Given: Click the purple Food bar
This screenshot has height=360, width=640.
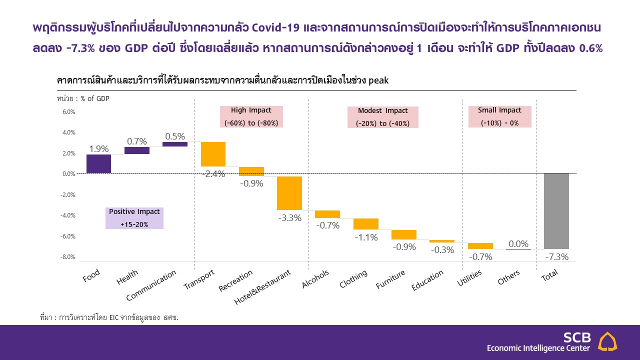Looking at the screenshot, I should (x=98, y=163).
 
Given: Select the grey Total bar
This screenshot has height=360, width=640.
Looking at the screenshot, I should (x=556, y=211).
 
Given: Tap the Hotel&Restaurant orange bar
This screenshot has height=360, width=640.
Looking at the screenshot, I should (x=289, y=193).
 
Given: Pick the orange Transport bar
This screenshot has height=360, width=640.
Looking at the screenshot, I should (x=213, y=154).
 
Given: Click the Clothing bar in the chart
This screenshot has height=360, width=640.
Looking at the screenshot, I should (x=365, y=223).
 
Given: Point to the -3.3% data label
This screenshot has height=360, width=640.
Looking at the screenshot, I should (x=289, y=218).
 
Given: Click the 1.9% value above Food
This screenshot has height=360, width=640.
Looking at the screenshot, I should (x=98, y=148).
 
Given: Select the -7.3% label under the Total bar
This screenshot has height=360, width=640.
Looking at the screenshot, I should (x=556, y=257).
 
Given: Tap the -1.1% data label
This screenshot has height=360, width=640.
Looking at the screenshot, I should (x=365, y=237).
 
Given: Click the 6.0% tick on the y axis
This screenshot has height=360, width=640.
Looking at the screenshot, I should (x=69, y=112).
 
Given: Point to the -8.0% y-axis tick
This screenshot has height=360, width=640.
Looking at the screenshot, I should (x=69, y=257).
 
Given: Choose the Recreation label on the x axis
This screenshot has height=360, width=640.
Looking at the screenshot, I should (x=236, y=280).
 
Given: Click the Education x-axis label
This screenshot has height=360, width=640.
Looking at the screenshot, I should (x=427, y=280).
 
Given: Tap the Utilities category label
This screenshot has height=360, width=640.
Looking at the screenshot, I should (x=469, y=278).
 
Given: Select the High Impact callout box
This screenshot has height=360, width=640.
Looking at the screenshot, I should (x=251, y=116).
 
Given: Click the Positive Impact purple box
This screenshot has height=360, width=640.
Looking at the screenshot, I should (x=134, y=218).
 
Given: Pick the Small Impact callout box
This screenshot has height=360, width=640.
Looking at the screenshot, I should (x=499, y=116).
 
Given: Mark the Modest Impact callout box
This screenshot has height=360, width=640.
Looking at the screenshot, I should (x=382, y=117).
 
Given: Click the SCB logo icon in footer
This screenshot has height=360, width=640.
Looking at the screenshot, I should (x=607, y=341).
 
